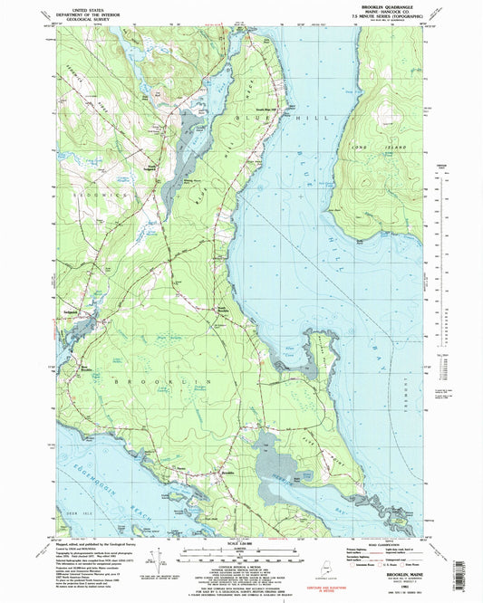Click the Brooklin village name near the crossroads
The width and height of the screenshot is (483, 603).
click(227, 474)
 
